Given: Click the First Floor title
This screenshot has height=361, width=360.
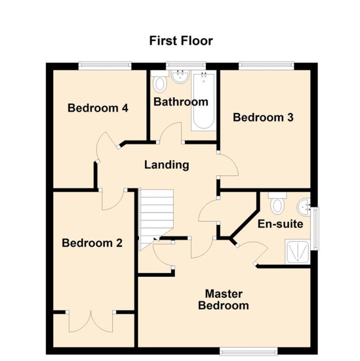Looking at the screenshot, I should coord(181,41).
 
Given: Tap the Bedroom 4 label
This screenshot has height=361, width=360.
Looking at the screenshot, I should coord(98,108).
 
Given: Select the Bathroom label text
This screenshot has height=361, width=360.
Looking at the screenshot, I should coord(180,101).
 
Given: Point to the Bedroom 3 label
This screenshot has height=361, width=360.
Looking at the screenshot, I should coord(263,117).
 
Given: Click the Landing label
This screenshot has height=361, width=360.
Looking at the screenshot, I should coord(166,165).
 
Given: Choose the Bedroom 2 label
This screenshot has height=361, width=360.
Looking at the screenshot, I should coord(92,243).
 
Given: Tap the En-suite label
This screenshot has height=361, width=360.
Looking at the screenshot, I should coord(280,224).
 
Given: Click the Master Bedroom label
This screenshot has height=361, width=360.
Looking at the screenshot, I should coord(223,300).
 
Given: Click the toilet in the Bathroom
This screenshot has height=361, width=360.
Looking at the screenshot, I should coord(160,83).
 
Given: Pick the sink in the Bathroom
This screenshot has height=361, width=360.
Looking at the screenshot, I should coord(180,77).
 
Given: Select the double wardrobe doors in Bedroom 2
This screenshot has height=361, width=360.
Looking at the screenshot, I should coord(91,322).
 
